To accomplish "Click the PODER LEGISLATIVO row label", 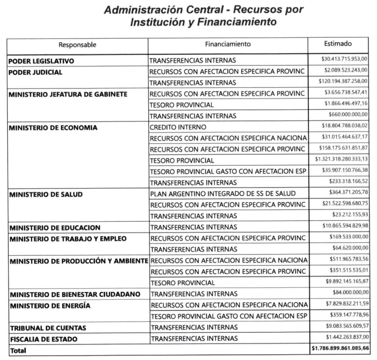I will click(x=41, y=61).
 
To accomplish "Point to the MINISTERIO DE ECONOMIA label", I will click(x=53, y=127).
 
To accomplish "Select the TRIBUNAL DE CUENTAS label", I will click(x=47, y=328).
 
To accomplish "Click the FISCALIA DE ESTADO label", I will click(x=43, y=338).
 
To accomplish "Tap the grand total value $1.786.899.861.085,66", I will click(x=340, y=350).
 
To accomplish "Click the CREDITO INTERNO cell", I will click(x=178, y=127).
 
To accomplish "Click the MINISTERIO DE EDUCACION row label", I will click(x=54, y=227).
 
